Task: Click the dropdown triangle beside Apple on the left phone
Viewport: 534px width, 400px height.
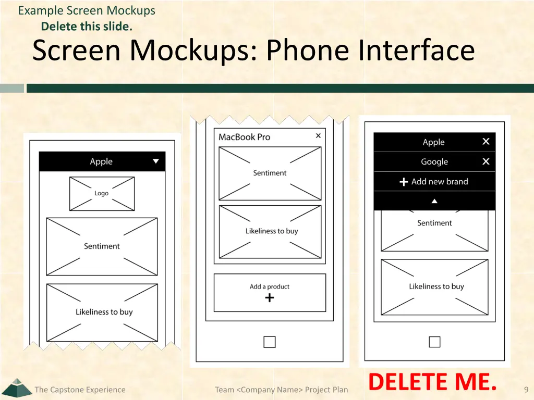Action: (x=155, y=161)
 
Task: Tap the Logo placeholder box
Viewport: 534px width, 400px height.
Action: (x=102, y=194)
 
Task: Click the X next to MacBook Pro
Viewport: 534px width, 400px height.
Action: (x=318, y=136)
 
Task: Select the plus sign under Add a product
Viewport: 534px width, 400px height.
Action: (x=270, y=298)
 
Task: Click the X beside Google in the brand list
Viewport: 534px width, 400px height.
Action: (x=486, y=161)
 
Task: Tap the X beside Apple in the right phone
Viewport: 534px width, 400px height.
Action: (x=486, y=141)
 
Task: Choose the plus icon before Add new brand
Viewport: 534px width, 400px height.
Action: (x=404, y=182)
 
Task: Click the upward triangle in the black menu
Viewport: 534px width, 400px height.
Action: (x=434, y=202)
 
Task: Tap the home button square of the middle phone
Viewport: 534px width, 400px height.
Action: (x=270, y=342)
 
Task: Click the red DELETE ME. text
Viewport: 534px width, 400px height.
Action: (x=432, y=382)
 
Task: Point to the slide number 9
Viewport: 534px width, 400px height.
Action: (x=526, y=390)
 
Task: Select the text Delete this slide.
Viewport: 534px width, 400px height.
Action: (x=87, y=27)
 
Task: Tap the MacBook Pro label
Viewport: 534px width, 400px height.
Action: (x=244, y=137)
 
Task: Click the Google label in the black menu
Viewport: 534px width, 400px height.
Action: (x=434, y=162)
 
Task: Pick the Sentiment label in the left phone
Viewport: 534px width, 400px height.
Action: (x=102, y=246)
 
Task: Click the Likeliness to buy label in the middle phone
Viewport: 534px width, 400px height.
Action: (x=272, y=231)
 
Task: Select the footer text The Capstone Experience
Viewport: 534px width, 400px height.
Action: (x=80, y=390)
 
